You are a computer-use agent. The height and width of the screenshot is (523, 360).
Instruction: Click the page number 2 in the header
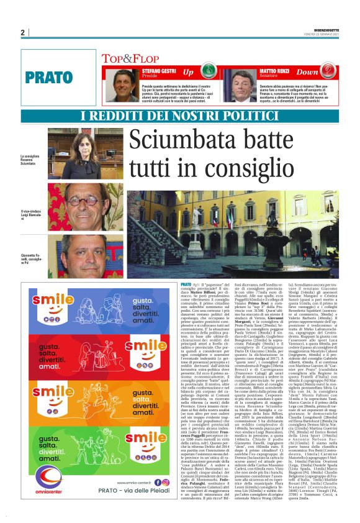[23, 32]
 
